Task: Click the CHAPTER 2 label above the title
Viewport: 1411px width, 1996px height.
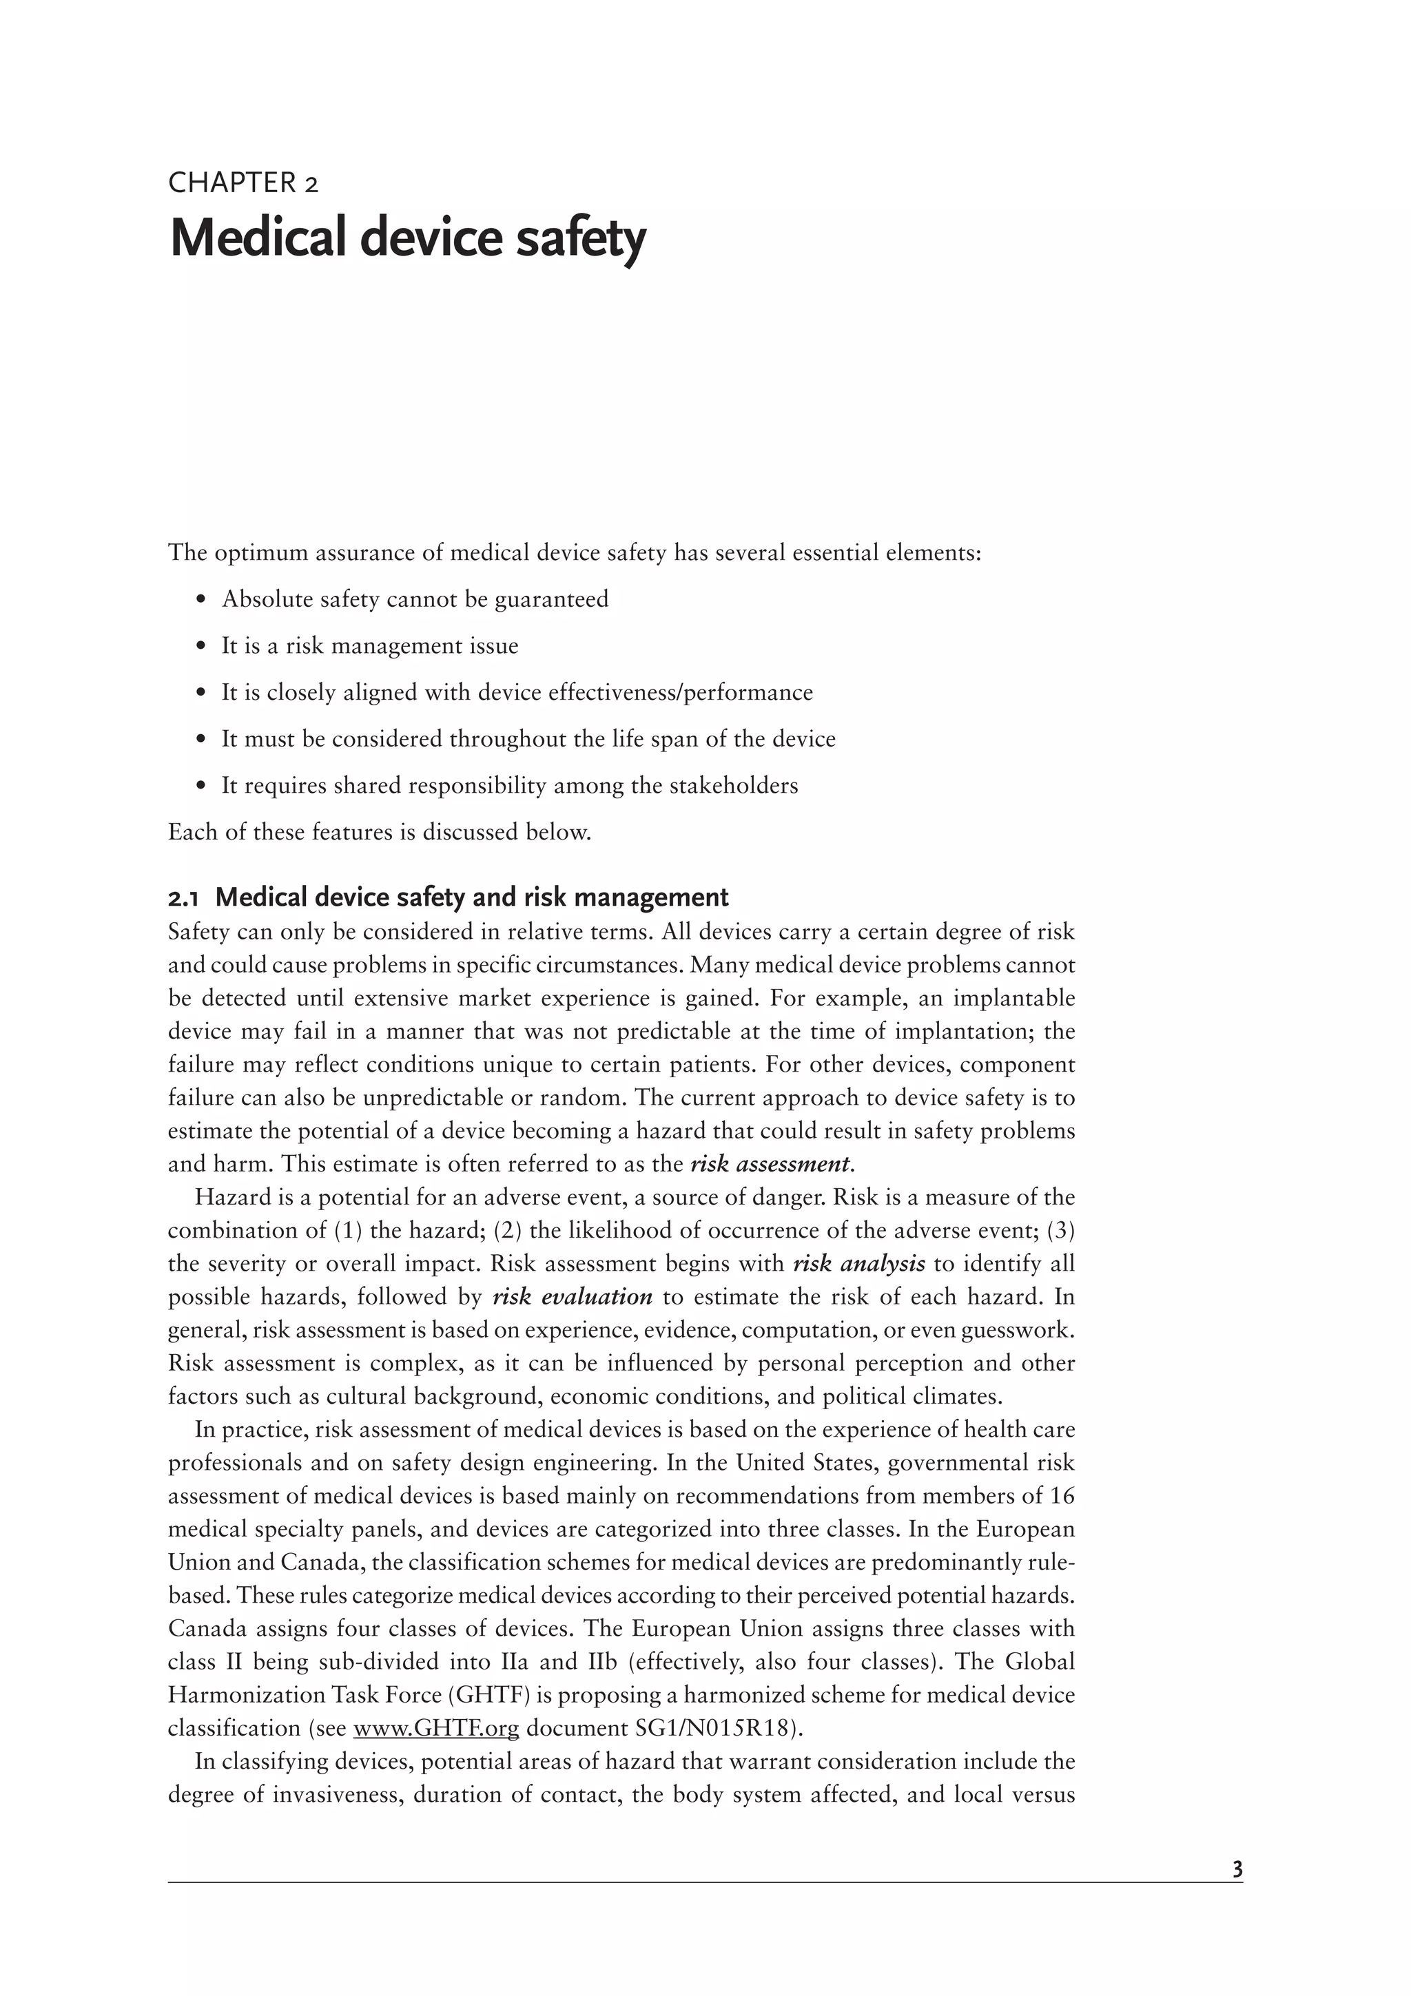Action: tap(243, 183)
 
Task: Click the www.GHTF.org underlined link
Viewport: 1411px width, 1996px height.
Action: tap(435, 1727)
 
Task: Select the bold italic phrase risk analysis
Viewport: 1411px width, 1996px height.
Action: tap(859, 1263)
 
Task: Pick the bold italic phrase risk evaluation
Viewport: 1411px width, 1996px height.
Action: tap(572, 1296)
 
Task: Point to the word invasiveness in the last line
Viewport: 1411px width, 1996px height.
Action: tap(336, 1794)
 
